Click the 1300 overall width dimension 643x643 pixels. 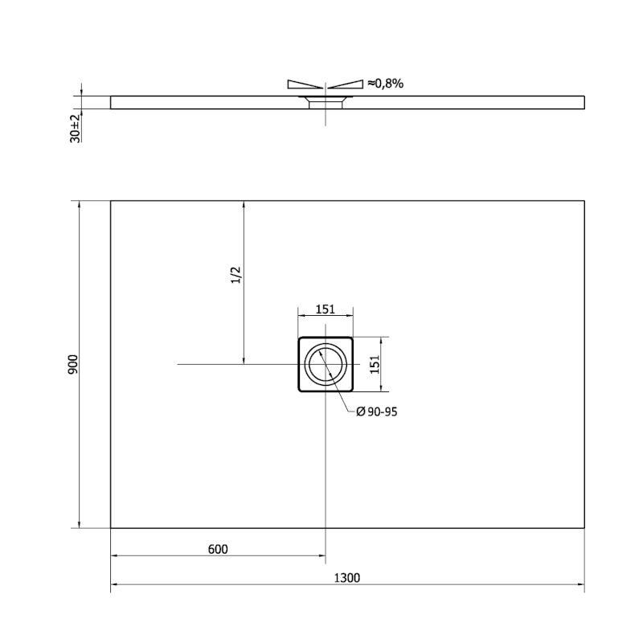click(347, 576)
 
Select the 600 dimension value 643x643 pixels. click(218, 550)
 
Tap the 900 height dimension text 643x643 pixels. click(72, 365)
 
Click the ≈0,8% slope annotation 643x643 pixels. click(385, 83)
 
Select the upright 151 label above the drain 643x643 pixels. click(324, 309)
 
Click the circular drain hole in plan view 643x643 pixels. click(325, 365)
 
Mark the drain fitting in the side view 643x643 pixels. click(325, 100)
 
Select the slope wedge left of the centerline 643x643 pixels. click(305, 84)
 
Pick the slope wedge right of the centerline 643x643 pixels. click(346, 84)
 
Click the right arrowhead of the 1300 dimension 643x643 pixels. click(580, 584)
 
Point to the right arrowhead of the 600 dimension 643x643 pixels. click(321, 556)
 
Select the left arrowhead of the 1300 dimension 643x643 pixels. click(114, 584)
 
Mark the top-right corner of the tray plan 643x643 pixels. click(584, 200)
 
